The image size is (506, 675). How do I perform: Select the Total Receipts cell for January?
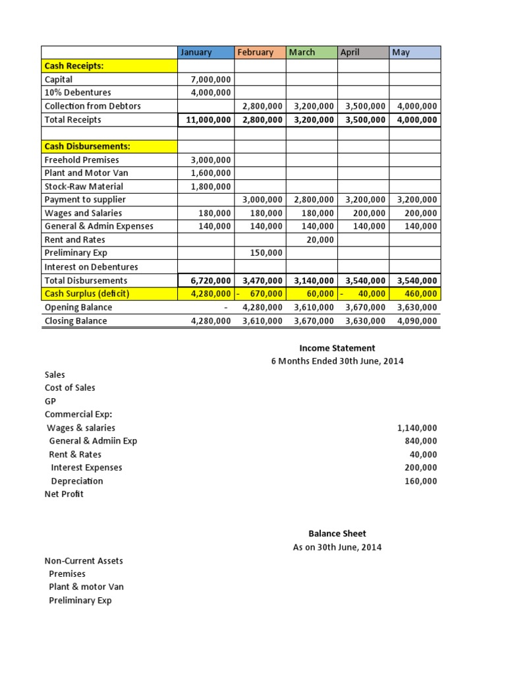point(206,120)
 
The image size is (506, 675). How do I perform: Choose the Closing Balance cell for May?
point(416,321)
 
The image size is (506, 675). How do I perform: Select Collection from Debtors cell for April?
point(365,106)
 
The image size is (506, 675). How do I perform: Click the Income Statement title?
point(337,348)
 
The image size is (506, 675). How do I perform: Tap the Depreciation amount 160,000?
point(420,481)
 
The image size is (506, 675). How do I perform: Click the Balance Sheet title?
point(337,533)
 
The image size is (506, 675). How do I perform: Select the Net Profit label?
point(64,494)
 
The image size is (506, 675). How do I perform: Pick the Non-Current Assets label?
point(84,561)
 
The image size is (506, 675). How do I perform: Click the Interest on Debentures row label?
point(91,267)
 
